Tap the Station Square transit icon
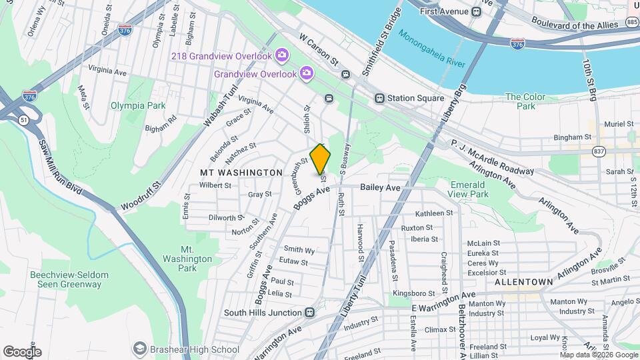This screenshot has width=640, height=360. coord(379,99)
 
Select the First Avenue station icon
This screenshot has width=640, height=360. coord(476,12)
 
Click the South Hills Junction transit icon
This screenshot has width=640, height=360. coord(310,313)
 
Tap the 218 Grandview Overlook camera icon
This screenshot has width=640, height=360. coord(282,54)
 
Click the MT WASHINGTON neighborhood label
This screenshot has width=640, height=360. coord(241,173)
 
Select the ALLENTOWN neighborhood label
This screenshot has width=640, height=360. coord(523,282)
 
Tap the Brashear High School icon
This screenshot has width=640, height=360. coord(140,349)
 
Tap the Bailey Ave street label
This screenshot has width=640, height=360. coord(380,188)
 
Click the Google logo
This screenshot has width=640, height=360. coord(22,351)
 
